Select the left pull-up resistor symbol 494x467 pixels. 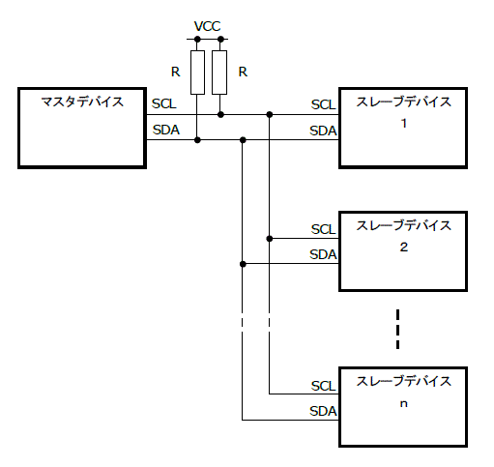coord(197,73)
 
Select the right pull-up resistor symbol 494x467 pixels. coord(221,73)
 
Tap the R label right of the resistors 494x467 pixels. coord(243,71)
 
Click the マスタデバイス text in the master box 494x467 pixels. coord(82,102)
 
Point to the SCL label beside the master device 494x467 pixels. coord(163,103)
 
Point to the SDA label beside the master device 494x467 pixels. coord(164,129)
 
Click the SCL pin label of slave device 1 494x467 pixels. coord(323,104)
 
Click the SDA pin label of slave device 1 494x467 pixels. coord(323,131)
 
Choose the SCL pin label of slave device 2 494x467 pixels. coord(323,229)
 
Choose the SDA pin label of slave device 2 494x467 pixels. coord(323,254)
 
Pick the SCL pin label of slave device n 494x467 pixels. coord(323,386)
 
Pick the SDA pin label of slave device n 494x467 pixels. coord(323,411)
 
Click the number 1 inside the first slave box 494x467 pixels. coord(403,124)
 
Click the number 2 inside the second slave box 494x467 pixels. coord(403,247)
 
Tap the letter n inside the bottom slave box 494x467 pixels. coord(403,403)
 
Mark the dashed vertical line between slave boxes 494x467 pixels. coord(396,329)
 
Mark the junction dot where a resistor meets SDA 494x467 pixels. coord(197,140)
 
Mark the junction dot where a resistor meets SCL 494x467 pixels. coord(221,115)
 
